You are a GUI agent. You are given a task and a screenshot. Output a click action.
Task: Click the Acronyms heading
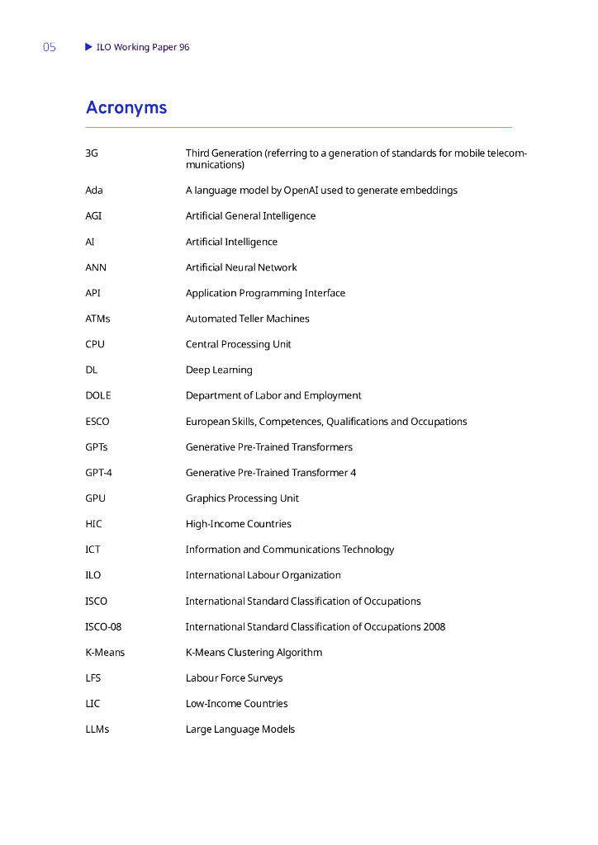126,108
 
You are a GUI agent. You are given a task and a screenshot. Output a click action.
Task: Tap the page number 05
50,48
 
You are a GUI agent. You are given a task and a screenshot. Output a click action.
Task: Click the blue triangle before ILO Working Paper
89,47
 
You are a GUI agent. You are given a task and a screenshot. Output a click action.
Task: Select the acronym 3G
92,153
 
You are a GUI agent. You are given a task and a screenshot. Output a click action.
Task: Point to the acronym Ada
94,191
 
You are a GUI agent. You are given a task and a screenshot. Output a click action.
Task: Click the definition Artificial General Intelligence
250,216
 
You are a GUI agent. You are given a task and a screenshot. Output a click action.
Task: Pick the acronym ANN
96,267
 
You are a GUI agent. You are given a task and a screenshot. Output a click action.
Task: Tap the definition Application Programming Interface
265,293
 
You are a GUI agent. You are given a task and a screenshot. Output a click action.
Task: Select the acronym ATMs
97,319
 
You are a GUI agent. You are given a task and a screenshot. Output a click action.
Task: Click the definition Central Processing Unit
238,344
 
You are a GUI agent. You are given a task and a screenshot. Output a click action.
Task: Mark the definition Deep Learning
219,370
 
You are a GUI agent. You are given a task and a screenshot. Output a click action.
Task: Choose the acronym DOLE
98,395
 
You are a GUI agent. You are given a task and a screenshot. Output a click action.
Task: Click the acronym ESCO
97,422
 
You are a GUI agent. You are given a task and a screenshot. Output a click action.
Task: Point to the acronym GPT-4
98,473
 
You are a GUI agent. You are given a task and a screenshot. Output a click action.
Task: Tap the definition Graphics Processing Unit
242,498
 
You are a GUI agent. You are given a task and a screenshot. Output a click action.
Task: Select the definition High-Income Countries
238,524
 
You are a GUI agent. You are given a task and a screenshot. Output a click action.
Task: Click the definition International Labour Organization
263,575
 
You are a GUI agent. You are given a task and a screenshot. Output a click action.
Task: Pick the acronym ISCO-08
103,626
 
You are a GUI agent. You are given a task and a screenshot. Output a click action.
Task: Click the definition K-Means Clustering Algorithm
254,653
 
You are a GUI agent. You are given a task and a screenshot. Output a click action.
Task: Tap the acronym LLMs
97,729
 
